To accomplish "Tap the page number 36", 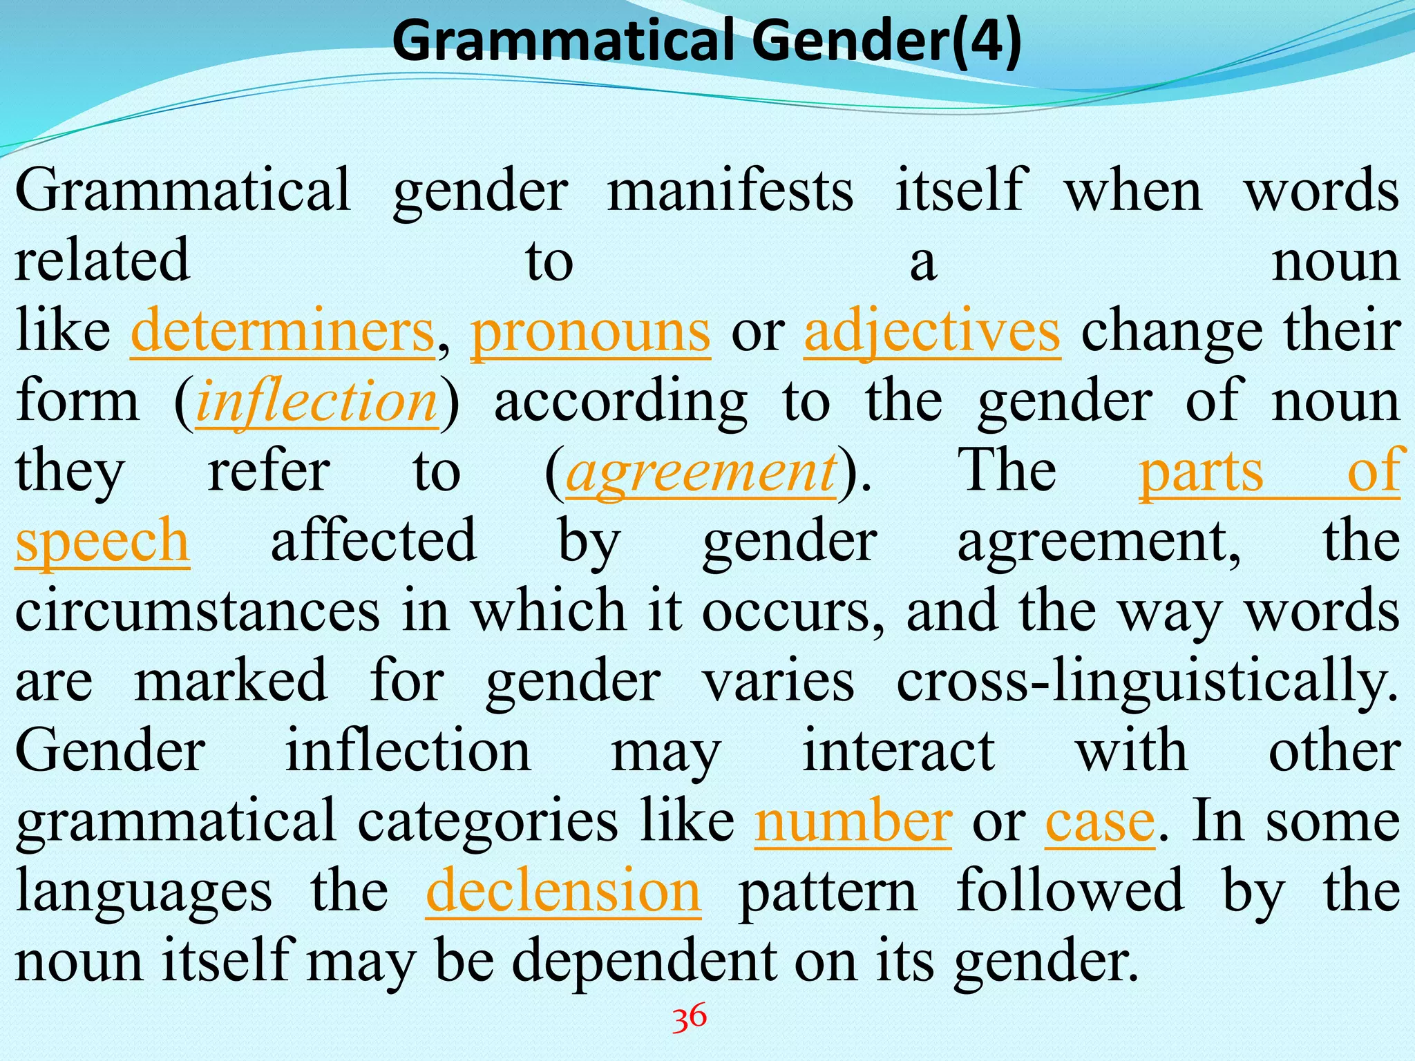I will coord(690,1017).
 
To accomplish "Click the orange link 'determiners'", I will coord(282,332).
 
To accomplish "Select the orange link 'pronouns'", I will coord(590,332).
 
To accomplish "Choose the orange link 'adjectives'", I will coord(931,332).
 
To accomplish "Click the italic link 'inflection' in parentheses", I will coord(316,402).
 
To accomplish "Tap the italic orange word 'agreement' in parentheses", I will coord(701,472).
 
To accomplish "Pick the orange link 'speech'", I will coord(102,542).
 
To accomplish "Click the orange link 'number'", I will coord(853,821).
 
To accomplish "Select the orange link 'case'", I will coord(1099,821).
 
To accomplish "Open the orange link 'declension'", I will coord(563,891).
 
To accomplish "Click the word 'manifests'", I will coord(730,191).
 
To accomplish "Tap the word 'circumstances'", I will coord(198,611).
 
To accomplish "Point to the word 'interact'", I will coord(898,751).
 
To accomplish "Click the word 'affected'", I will coord(373,542).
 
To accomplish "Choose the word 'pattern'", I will coord(828,891).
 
